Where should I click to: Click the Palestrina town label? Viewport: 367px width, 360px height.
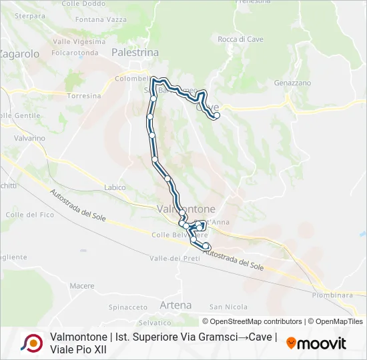(x=135, y=52)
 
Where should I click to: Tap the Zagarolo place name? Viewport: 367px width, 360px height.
(x=20, y=54)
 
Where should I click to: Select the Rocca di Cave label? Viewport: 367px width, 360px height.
(x=240, y=39)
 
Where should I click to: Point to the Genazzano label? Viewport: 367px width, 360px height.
(x=292, y=83)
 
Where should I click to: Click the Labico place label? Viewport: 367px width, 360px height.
(x=115, y=187)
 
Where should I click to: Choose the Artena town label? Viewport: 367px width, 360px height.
(x=175, y=305)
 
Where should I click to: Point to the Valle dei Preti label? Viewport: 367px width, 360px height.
(x=174, y=258)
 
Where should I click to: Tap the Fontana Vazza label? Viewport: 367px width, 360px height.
(x=101, y=20)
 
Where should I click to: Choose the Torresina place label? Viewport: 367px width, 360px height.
(x=84, y=96)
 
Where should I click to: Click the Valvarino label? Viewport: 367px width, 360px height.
(x=29, y=138)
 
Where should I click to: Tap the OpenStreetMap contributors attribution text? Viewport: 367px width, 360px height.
(x=256, y=321)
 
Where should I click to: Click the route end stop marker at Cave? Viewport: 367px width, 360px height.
(x=216, y=116)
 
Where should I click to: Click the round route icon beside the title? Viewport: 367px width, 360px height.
(x=31, y=343)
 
